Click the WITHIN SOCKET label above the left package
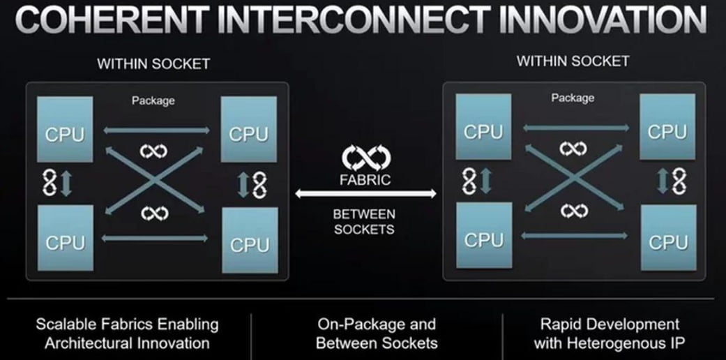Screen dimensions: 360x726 click(153, 64)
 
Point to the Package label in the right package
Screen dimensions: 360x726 click(573, 98)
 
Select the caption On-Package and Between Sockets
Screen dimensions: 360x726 click(376, 333)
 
